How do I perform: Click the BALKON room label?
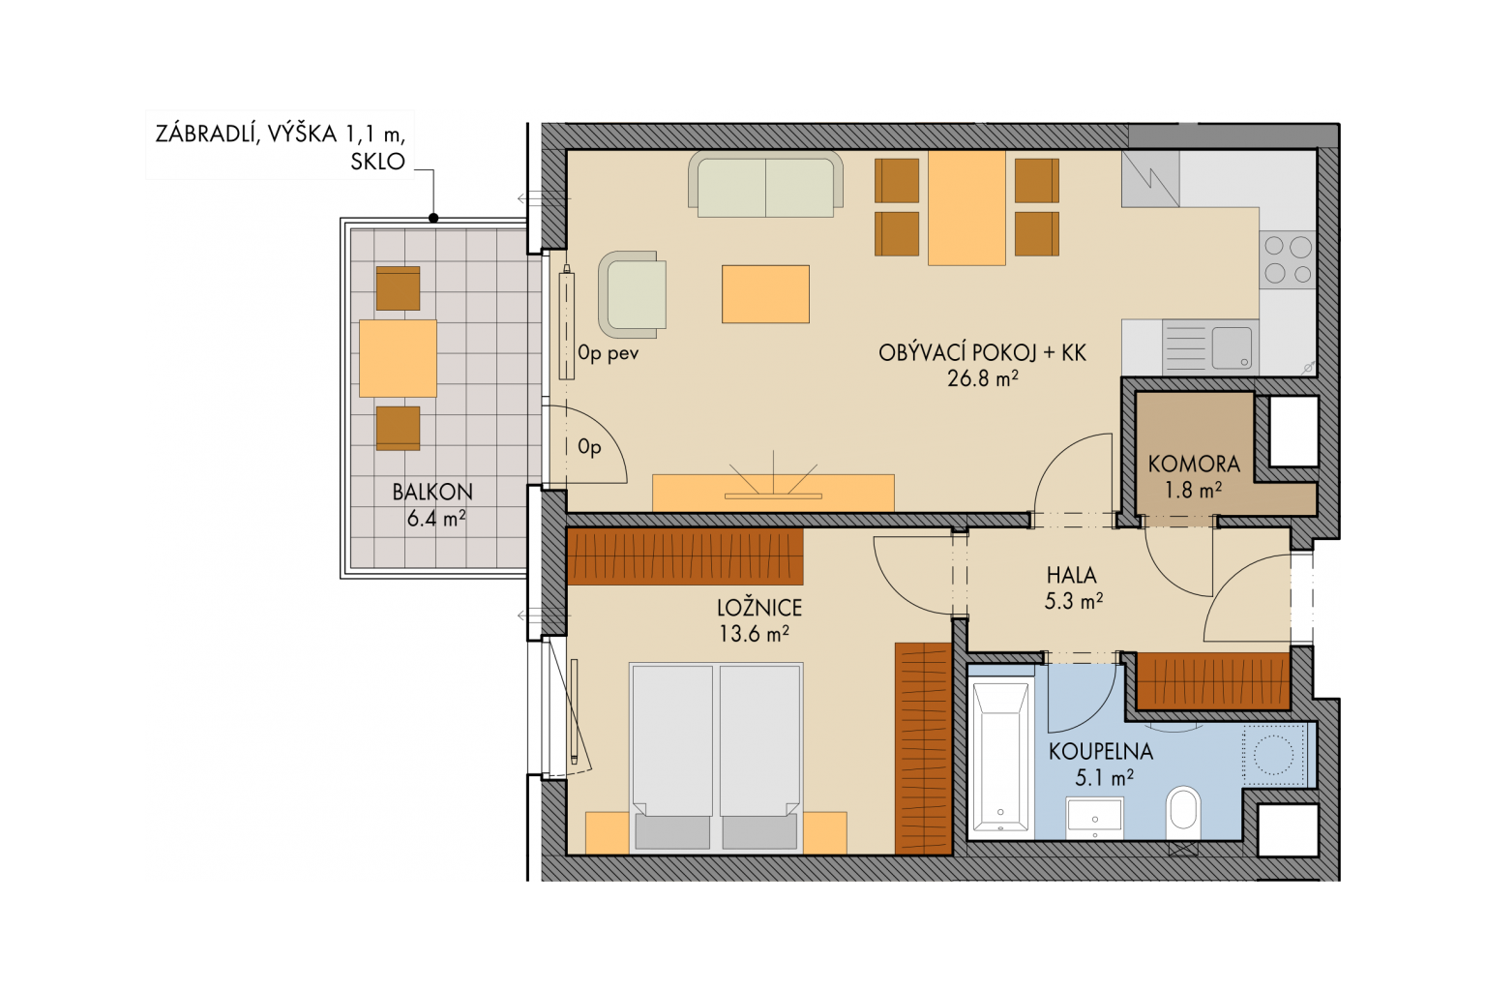432,492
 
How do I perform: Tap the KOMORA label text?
1194,464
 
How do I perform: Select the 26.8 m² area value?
983,378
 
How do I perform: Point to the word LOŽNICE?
759,608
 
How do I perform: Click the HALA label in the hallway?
1071,575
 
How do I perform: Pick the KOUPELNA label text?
1101,751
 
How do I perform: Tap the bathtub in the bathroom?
1000,756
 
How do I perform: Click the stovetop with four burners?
1287,259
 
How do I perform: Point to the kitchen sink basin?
1232,348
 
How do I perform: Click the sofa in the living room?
765,185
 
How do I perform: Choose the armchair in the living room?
632,295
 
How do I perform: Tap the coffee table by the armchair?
765,294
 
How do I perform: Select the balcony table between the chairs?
398,358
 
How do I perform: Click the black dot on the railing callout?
433,218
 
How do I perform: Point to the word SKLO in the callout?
377,162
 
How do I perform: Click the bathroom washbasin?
1094,819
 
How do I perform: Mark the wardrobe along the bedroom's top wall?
685,556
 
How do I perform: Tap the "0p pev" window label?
608,354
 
